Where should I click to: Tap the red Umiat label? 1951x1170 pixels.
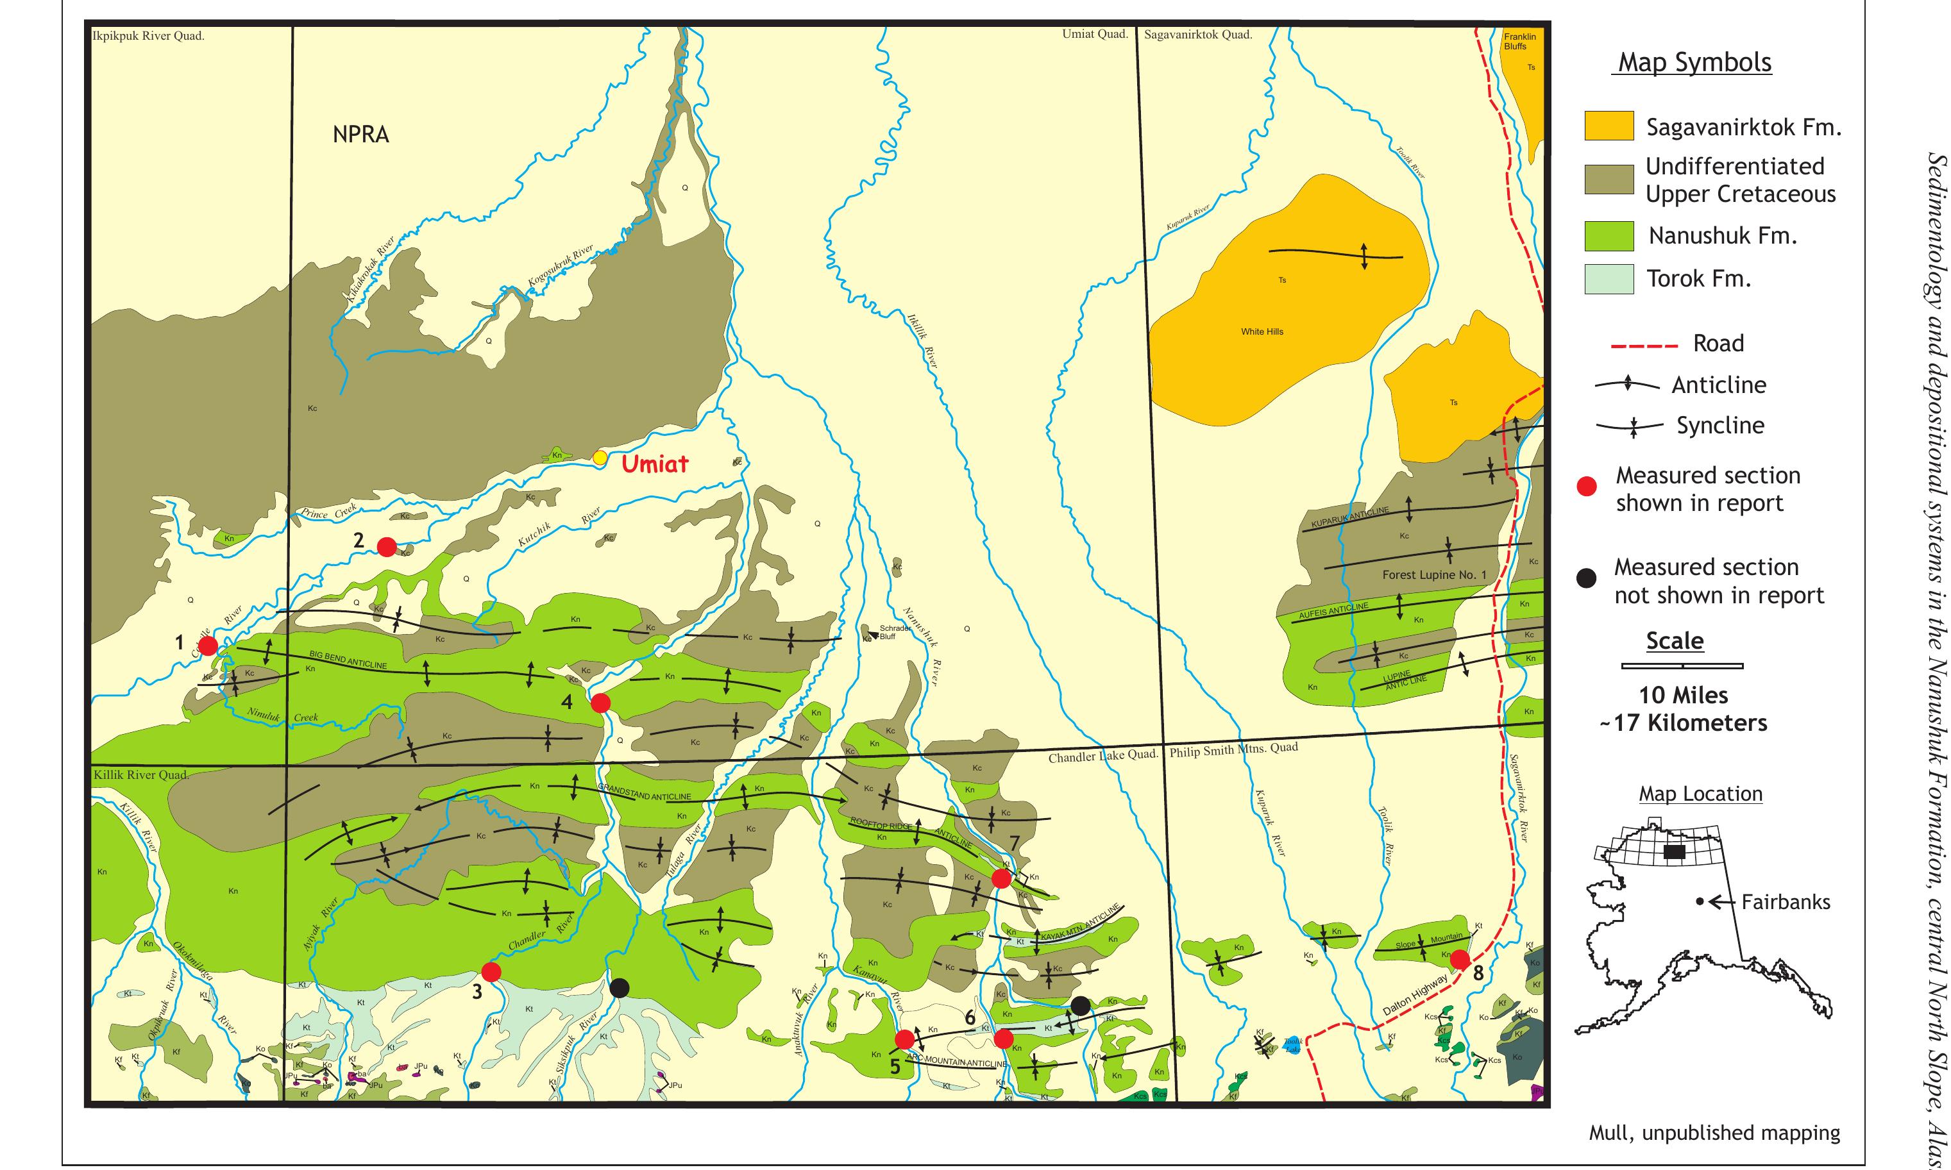(x=655, y=464)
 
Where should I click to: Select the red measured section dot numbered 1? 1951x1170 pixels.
(x=207, y=646)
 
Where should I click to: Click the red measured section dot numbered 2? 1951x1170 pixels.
(x=386, y=546)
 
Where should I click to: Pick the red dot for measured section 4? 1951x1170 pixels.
(x=600, y=703)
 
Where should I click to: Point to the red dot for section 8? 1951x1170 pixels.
(x=1460, y=960)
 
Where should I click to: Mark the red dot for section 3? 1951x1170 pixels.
(x=491, y=971)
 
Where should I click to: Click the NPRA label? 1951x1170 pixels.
(x=360, y=135)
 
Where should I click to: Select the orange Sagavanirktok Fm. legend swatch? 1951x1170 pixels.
(x=1609, y=126)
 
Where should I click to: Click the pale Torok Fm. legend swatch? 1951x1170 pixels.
(x=1609, y=279)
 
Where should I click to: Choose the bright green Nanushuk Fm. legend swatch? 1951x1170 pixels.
(x=1609, y=236)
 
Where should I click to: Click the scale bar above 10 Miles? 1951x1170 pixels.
(x=1682, y=666)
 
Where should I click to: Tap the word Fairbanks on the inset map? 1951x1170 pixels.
(x=1786, y=902)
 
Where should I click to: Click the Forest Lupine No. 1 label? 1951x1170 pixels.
(x=1433, y=575)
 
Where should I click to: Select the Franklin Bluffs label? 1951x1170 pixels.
(x=1519, y=41)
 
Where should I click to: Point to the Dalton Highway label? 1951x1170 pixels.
(x=1415, y=995)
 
